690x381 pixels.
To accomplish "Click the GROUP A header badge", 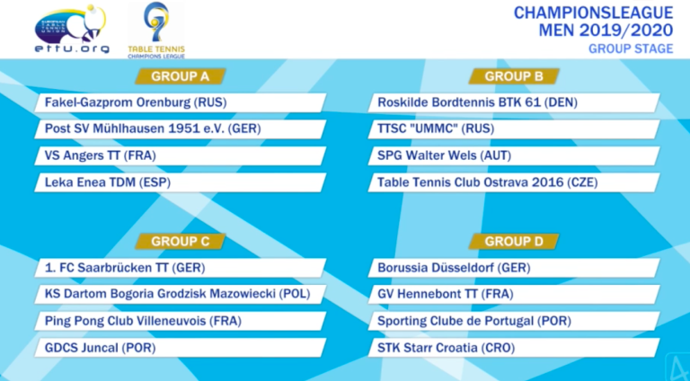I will coord(181,75).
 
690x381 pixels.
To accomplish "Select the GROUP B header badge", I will coord(514,75).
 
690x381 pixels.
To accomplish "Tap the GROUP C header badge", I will coord(181,241).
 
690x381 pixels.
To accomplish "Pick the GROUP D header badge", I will coord(514,241).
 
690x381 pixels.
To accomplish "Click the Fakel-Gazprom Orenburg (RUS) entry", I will coord(180,102).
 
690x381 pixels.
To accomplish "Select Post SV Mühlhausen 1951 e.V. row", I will coord(180,129).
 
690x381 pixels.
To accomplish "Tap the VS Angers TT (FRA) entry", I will coord(180,156).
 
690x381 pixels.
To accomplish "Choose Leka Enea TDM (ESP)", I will coord(180,182).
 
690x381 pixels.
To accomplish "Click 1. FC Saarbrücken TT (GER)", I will coord(180,268).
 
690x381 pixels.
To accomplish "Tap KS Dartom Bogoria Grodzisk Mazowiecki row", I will coord(180,294).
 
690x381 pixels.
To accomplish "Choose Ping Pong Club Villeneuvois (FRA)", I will coord(180,321).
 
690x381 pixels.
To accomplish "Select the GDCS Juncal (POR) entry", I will coord(180,347).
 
